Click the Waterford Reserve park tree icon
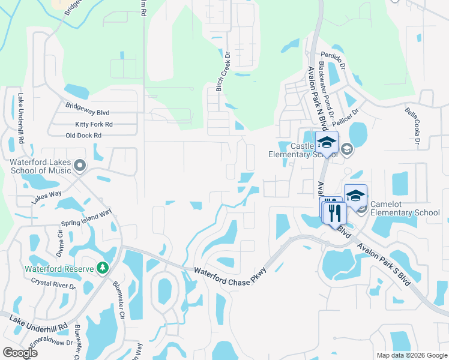(x=103, y=268)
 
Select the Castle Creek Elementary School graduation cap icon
(x=327, y=143)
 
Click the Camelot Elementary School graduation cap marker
(x=355, y=196)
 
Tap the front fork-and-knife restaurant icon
(x=335, y=212)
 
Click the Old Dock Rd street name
(x=83, y=136)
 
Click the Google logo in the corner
(x=20, y=353)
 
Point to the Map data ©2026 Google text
(x=411, y=355)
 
